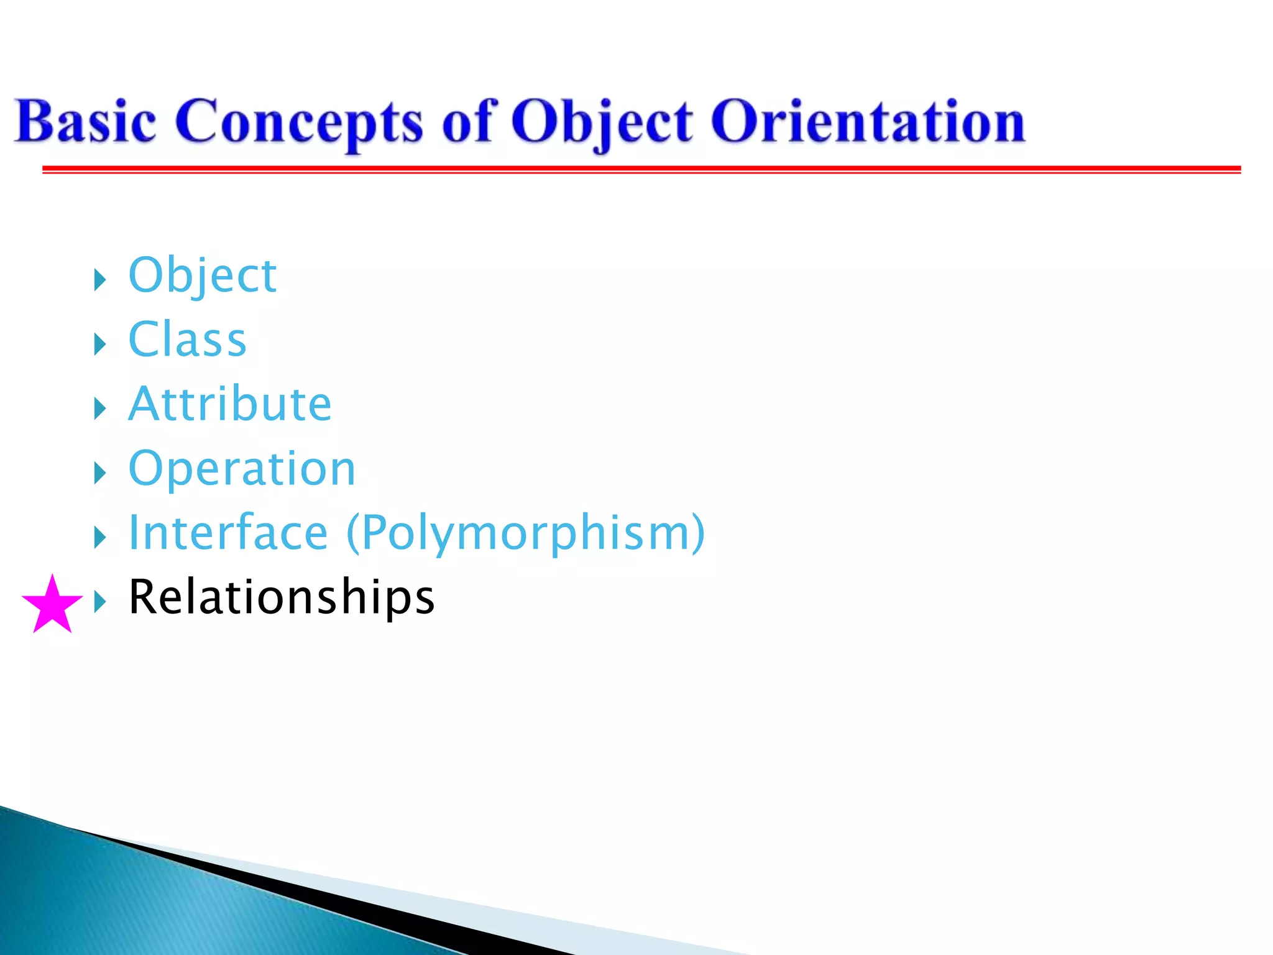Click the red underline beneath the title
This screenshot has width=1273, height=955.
click(640, 169)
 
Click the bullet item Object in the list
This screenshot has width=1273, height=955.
click(202, 275)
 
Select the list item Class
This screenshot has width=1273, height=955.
click(187, 339)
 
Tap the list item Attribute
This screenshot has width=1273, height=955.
click(230, 404)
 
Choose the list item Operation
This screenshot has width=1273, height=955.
click(242, 468)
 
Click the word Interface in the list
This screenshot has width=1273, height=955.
click(227, 533)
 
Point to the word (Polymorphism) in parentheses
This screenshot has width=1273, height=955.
click(525, 533)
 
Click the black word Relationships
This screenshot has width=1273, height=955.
click(281, 597)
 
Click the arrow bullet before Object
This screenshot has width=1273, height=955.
click(100, 280)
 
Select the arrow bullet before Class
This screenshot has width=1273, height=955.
click(100, 344)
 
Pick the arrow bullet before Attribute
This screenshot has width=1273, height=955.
click(100, 408)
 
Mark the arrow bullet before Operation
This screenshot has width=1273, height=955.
click(100, 473)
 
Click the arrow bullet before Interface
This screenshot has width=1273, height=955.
click(100, 537)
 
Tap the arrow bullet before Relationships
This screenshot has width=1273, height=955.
click(100, 601)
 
